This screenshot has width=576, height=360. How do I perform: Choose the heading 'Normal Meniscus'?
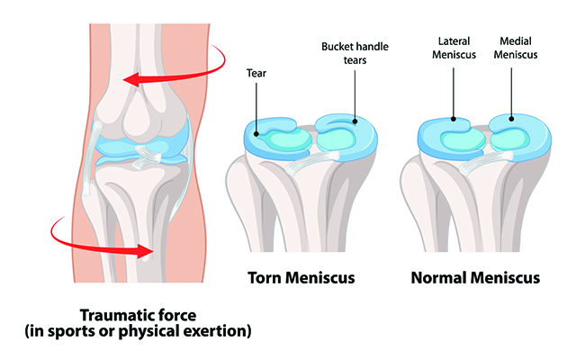pyautogui.click(x=475, y=275)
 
